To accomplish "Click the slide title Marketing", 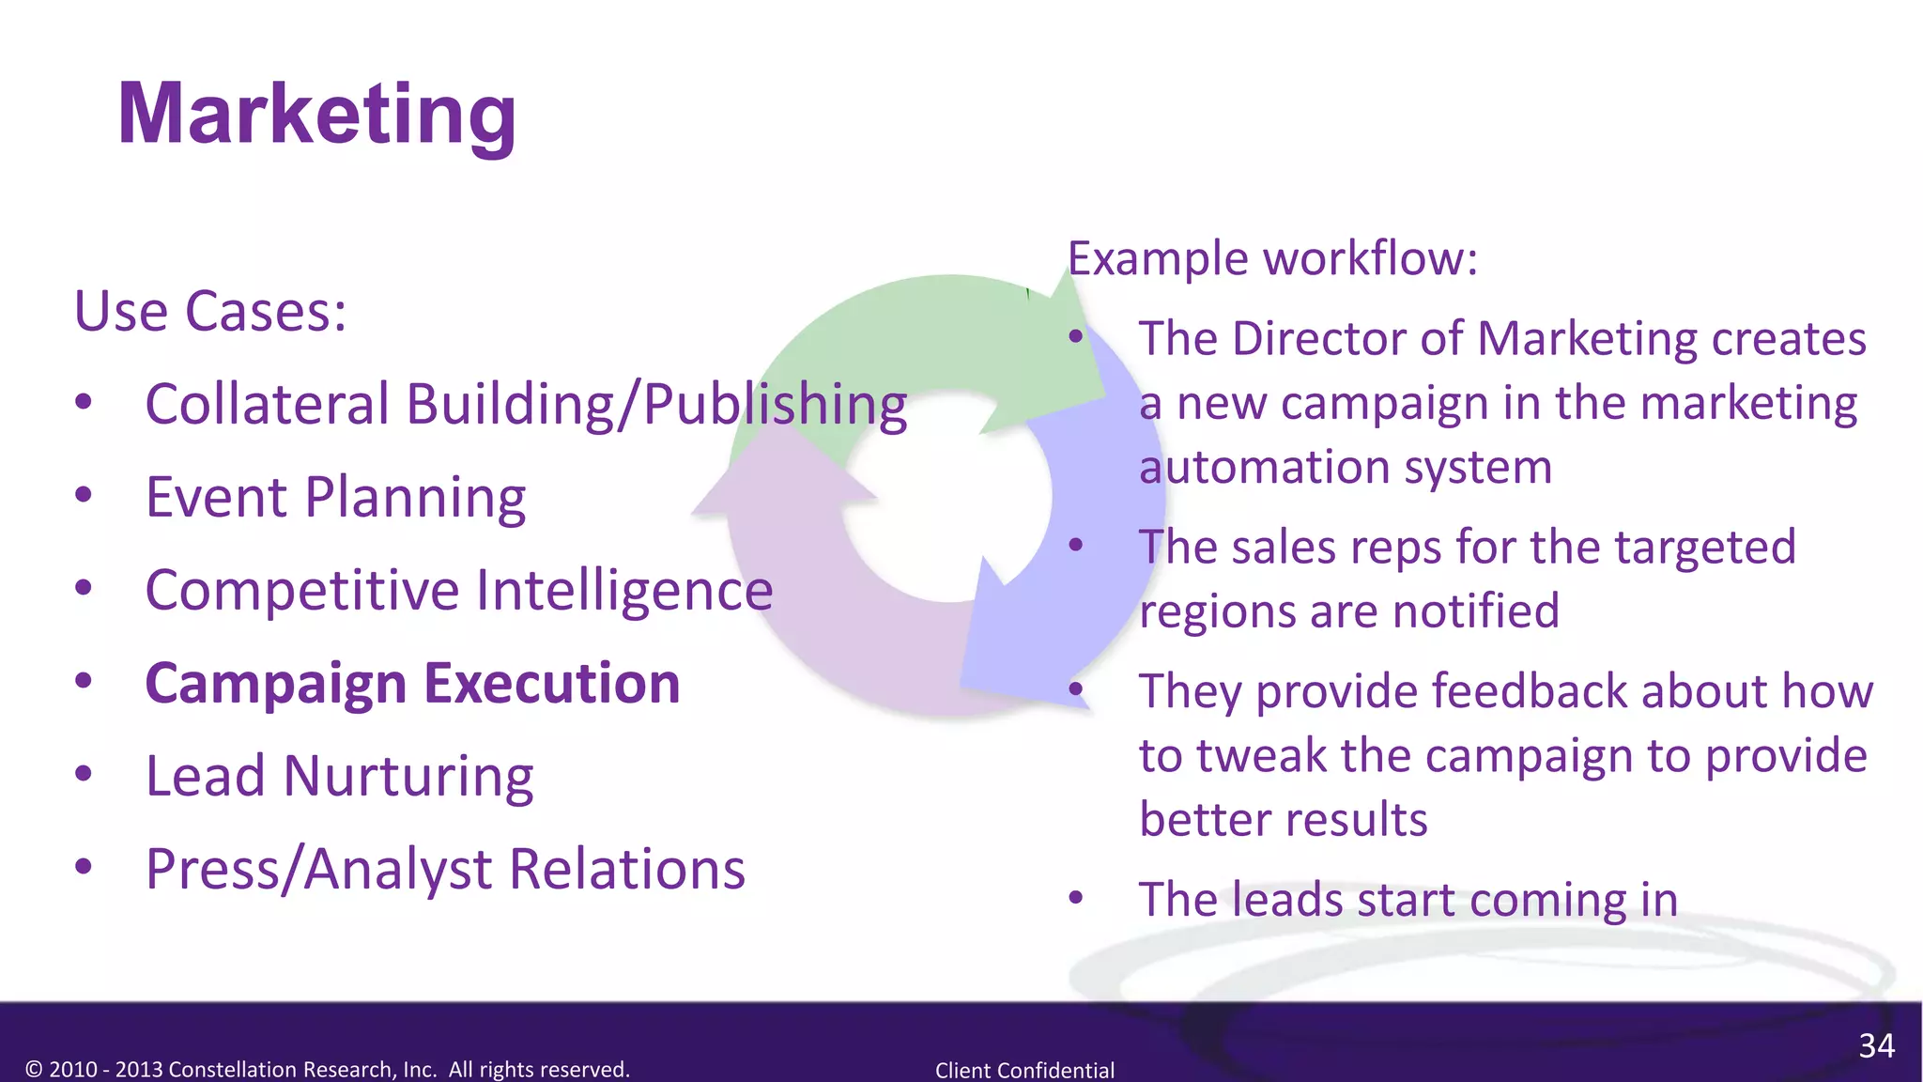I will (316, 115).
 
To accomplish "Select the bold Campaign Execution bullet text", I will (412, 683).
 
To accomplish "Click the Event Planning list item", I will (335, 497).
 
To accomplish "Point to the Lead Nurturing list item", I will (339, 776).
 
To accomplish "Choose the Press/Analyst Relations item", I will (445, 869).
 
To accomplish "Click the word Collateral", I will (267, 404).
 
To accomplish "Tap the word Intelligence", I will (624, 590).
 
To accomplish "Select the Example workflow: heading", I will (1272, 258).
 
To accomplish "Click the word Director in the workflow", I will (1318, 338).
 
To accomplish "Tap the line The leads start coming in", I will (1408, 899).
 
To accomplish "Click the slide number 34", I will (1876, 1045).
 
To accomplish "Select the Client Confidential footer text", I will (1024, 1070).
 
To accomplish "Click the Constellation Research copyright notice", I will (328, 1069).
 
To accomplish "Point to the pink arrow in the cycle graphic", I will (808, 601).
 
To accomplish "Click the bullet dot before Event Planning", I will (84, 495).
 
